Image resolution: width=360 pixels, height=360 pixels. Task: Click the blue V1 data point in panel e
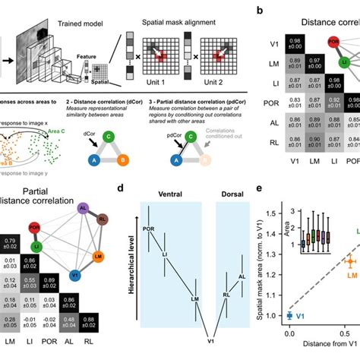coord(289,314)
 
